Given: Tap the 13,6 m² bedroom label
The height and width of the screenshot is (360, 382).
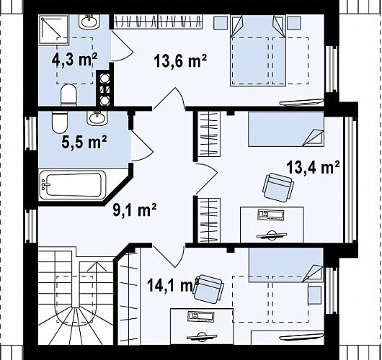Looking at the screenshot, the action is click(x=180, y=60).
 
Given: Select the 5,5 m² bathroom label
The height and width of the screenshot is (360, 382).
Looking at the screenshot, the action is click(x=84, y=142).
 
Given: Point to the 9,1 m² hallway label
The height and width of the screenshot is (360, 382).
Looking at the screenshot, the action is click(x=135, y=210).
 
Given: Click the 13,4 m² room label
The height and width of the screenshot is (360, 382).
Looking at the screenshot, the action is click(x=314, y=167).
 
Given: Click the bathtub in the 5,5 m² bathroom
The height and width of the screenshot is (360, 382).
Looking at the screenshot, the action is click(x=73, y=185).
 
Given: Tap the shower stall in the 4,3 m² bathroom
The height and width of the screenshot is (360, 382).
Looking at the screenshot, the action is click(x=54, y=30).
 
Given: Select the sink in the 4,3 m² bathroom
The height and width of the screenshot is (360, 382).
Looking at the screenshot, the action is click(x=89, y=22).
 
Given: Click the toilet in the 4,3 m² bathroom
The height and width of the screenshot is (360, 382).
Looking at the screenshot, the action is click(x=68, y=95).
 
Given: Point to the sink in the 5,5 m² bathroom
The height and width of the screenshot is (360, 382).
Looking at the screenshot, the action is click(x=97, y=118).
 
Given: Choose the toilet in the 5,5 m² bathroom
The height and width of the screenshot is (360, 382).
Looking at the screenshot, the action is click(x=59, y=122).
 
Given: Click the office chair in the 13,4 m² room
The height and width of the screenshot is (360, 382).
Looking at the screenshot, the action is click(x=278, y=188).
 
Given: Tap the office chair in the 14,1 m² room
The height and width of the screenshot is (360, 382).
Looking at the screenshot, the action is click(x=208, y=289).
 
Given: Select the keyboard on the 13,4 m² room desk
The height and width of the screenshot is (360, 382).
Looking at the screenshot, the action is click(x=271, y=215).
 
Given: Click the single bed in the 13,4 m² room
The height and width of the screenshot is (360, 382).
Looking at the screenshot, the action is click(x=286, y=129).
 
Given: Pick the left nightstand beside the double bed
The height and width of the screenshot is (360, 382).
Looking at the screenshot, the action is click(x=221, y=22).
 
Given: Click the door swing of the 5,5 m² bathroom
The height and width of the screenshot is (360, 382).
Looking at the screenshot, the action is click(x=142, y=146).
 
